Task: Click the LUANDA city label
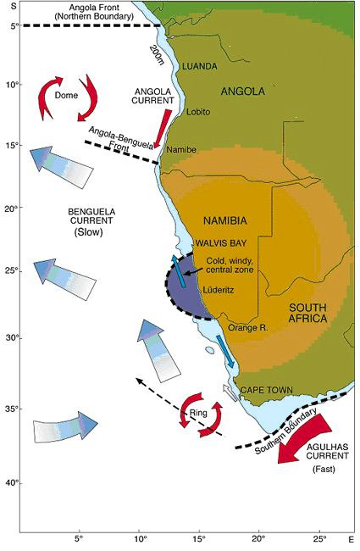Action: click(201, 66)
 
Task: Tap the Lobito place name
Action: click(197, 111)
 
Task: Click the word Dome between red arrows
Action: click(66, 96)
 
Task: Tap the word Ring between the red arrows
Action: click(198, 414)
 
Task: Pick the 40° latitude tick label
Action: click(12, 483)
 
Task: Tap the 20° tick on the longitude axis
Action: click(258, 537)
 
